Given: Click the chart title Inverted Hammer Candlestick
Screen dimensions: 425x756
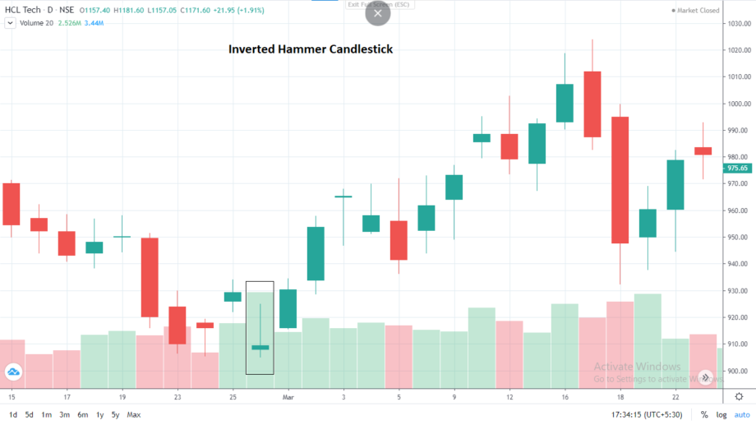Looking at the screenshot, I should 310,49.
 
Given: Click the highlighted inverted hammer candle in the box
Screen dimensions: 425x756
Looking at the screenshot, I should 260,347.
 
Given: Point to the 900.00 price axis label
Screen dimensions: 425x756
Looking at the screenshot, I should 736,371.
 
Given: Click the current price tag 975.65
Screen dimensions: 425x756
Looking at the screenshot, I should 737,168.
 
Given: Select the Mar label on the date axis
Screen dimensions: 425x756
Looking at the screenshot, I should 288,396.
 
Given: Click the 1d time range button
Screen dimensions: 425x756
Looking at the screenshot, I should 12,414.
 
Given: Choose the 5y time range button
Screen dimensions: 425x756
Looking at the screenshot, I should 115,414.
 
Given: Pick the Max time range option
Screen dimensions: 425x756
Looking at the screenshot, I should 134,414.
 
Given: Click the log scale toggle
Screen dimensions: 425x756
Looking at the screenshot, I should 721,414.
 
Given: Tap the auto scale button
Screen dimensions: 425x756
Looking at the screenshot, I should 741,414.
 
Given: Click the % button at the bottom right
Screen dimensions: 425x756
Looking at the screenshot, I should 704,414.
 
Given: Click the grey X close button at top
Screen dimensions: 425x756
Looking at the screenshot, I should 377,14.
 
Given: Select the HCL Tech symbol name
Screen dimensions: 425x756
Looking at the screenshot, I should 24,8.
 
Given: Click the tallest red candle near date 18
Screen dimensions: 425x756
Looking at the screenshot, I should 620,179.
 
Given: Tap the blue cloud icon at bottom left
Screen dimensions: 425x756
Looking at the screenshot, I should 13,372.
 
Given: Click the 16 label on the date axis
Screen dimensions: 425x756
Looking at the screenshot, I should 565,396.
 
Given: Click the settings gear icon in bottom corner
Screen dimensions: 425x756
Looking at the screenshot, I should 739,396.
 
